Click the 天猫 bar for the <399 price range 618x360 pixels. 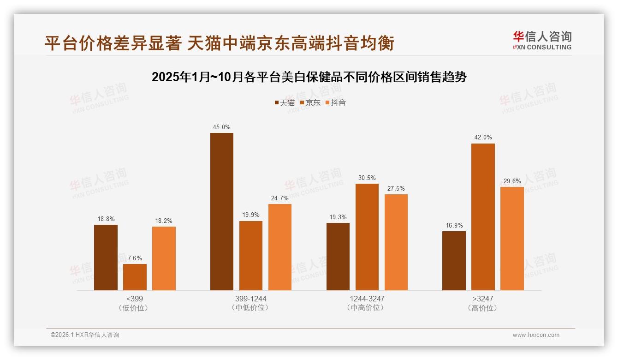pyautogui.click(x=106, y=258)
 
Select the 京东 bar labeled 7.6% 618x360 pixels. pyautogui.click(x=135, y=277)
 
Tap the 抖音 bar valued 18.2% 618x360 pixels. pyautogui.click(x=164, y=258)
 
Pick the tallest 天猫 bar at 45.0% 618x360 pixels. pyautogui.click(x=222, y=211)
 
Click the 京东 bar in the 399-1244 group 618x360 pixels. pyautogui.click(x=251, y=256)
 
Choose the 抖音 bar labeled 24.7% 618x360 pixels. pyautogui.click(x=280, y=247)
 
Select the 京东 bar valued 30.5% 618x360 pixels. pyautogui.click(x=367, y=237)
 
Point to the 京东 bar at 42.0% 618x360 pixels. pyautogui.click(x=483, y=217)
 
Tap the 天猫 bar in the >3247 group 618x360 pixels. pyautogui.click(x=454, y=261)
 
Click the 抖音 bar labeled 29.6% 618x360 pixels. pyautogui.click(x=512, y=239)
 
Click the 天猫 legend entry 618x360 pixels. pyautogui.click(x=285, y=102)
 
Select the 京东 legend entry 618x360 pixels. pyautogui.click(x=310, y=102)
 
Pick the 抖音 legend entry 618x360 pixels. pyautogui.click(x=336, y=102)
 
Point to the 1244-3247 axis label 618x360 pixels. pyautogui.click(x=367, y=299)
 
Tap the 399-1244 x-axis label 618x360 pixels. pyautogui.click(x=251, y=299)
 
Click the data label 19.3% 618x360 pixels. pyautogui.click(x=338, y=217)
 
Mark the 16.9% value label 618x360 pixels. pyautogui.click(x=454, y=225)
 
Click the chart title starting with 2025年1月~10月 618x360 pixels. pyautogui.click(x=309, y=77)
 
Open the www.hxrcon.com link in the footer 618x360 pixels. pyautogui.click(x=536, y=335)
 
